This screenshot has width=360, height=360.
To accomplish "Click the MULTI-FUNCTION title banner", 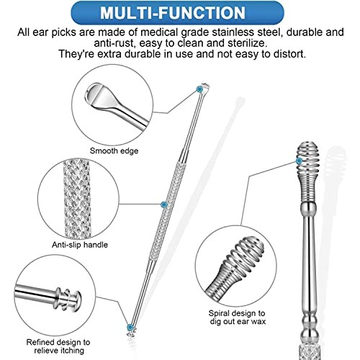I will [179, 14].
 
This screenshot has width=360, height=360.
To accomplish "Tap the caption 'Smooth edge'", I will [114, 150].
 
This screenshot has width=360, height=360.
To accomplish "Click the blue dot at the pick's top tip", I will [199, 89].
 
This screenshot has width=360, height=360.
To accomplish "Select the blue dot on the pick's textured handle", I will [165, 205].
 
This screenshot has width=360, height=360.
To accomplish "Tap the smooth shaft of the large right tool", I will [309, 259].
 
